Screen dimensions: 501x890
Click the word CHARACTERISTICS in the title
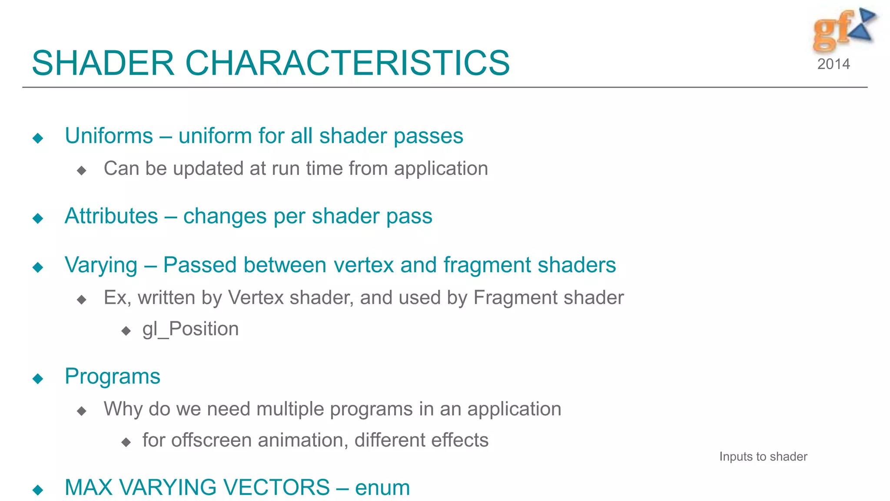pos(347,63)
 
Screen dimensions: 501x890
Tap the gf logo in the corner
pos(843,30)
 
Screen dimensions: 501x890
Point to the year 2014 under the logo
pos(834,64)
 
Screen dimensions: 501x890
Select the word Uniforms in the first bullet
pos(109,136)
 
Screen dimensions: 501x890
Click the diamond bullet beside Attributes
pos(38,218)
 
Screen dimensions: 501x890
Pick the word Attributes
pos(111,216)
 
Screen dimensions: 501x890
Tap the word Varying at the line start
pos(101,265)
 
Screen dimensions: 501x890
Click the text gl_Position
pos(190,329)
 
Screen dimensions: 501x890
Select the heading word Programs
pos(112,376)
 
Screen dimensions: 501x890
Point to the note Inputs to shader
pos(763,457)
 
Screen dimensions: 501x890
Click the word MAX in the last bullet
pos(89,488)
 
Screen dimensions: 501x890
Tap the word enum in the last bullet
pos(382,488)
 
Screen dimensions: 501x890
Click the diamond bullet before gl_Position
pos(126,331)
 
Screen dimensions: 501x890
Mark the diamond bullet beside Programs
pos(38,378)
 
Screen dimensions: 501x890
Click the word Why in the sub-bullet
pos(123,409)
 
